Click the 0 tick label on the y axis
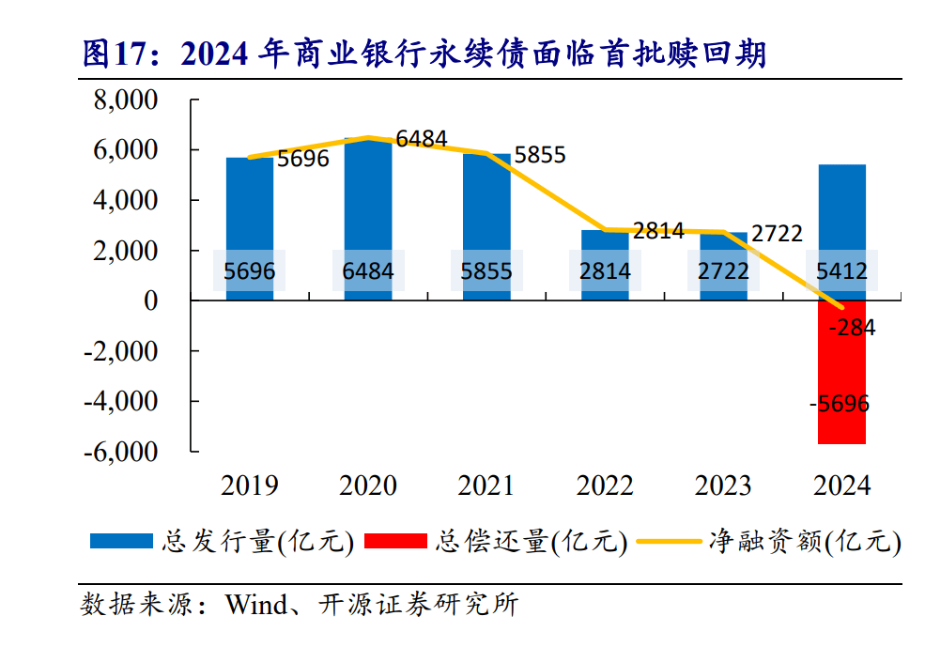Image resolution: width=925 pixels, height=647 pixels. (x=150, y=300)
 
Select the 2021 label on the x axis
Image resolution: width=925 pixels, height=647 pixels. (x=486, y=485)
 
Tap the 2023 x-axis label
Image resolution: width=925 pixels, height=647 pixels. (x=723, y=485)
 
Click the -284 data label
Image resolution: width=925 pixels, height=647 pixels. (x=852, y=329)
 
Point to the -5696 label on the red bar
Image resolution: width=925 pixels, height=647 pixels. (x=840, y=405)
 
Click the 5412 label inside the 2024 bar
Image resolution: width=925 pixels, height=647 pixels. (x=842, y=272)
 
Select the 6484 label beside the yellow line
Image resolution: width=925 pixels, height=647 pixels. (x=422, y=140)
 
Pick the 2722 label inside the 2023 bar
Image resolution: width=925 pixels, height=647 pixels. (x=724, y=272)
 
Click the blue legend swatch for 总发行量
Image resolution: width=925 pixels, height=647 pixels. (x=121, y=541)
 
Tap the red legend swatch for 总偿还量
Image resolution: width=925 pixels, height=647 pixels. (x=394, y=541)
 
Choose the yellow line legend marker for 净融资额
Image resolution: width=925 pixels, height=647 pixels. (x=668, y=541)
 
